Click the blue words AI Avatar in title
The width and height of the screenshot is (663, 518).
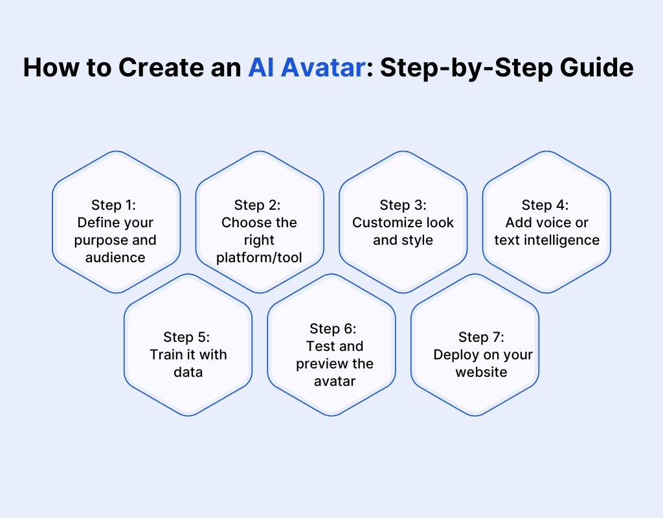(306, 67)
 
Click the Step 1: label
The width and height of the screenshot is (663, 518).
(114, 205)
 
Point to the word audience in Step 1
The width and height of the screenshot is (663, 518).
(115, 258)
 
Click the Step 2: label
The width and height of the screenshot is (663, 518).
(258, 205)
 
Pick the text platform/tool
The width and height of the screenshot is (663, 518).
(259, 258)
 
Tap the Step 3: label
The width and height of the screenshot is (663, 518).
(403, 205)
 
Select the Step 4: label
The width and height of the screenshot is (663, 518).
(545, 205)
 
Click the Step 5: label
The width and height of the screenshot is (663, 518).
(186, 337)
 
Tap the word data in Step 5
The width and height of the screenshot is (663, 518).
(188, 372)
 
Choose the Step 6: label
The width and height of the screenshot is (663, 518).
(333, 328)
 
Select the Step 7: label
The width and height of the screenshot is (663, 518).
(481, 337)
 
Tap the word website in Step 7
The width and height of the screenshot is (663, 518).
(481, 372)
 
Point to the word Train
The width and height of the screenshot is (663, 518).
(164, 354)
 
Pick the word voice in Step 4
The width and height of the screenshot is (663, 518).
(550, 223)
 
